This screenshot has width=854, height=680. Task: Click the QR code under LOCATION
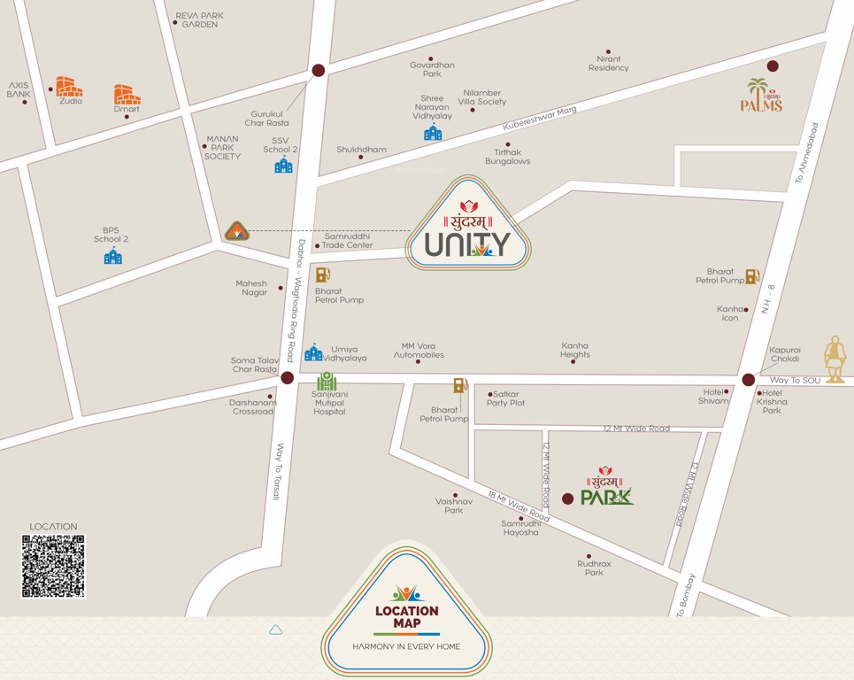tap(53, 566)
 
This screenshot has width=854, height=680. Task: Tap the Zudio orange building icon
tap(69, 87)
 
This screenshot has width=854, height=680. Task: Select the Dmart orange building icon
tap(127, 95)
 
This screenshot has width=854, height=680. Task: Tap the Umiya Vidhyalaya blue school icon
tap(313, 352)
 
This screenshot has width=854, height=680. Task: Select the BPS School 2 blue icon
tap(113, 256)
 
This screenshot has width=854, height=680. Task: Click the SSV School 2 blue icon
tap(283, 165)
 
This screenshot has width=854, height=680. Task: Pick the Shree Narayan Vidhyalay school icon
tap(433, 133)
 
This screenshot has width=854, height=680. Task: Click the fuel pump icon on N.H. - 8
tap(752, 276)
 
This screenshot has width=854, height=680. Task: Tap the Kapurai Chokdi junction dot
tap(749, 380)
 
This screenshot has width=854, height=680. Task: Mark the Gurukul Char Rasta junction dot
tap(319, 70)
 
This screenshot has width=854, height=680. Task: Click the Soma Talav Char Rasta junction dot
tap(287, 378)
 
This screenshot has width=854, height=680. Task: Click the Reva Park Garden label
tap(200, 19)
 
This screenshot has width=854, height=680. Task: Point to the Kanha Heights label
tap(575, 350)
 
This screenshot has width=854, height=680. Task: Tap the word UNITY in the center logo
tap(467, 243)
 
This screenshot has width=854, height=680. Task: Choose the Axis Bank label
tap(19, 89)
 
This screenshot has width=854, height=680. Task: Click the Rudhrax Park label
tap(594, 568)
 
